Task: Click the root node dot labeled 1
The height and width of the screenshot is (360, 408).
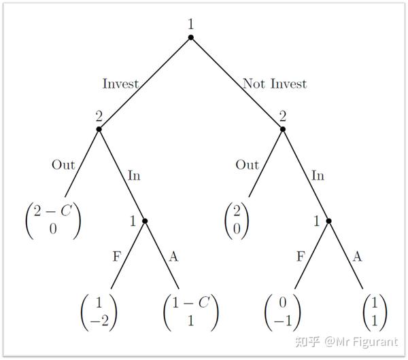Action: click(x=191, y=37)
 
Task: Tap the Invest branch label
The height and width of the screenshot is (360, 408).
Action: click(x=120, y=84)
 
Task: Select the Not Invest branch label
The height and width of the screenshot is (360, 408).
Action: click(x=275, y=84)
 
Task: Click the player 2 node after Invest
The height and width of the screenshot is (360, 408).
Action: click(x=99, y=128)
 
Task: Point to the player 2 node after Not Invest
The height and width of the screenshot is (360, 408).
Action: click(x=283, y=128)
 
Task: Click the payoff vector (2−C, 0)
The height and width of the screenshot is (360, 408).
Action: click(x=52, y=219)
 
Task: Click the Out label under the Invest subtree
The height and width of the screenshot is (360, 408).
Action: click(x=63, y=165)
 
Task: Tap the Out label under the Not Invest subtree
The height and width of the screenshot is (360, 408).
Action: click(x=247, y=165)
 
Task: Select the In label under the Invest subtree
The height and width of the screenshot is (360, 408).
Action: click(x=135, y=176)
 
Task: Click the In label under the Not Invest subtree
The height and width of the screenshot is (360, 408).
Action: click(x=318, y=176)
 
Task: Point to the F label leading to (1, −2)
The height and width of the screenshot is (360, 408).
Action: click(x=116, y=256)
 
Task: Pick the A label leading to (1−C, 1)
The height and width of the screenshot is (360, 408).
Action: click(x=173, y=256)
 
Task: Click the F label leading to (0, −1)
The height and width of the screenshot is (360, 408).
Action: click(x=300, y=256)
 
